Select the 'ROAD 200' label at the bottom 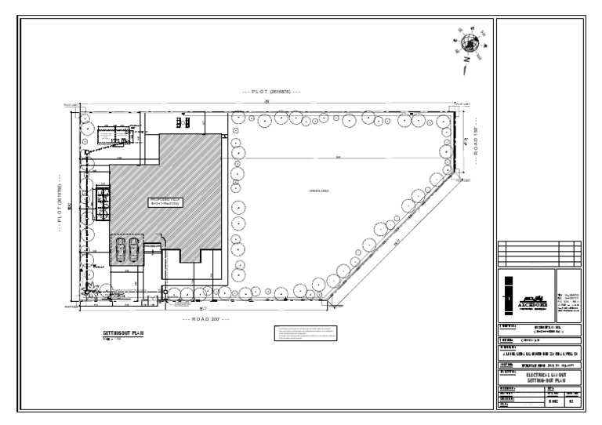pos(205,320)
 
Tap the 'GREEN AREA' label pos(318,191)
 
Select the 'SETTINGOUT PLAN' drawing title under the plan pos(123,333)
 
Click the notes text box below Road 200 pos(306,333)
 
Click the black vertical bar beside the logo pos(508,293)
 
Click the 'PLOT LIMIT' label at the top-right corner pos(462,104)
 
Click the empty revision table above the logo pos(539,253)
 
